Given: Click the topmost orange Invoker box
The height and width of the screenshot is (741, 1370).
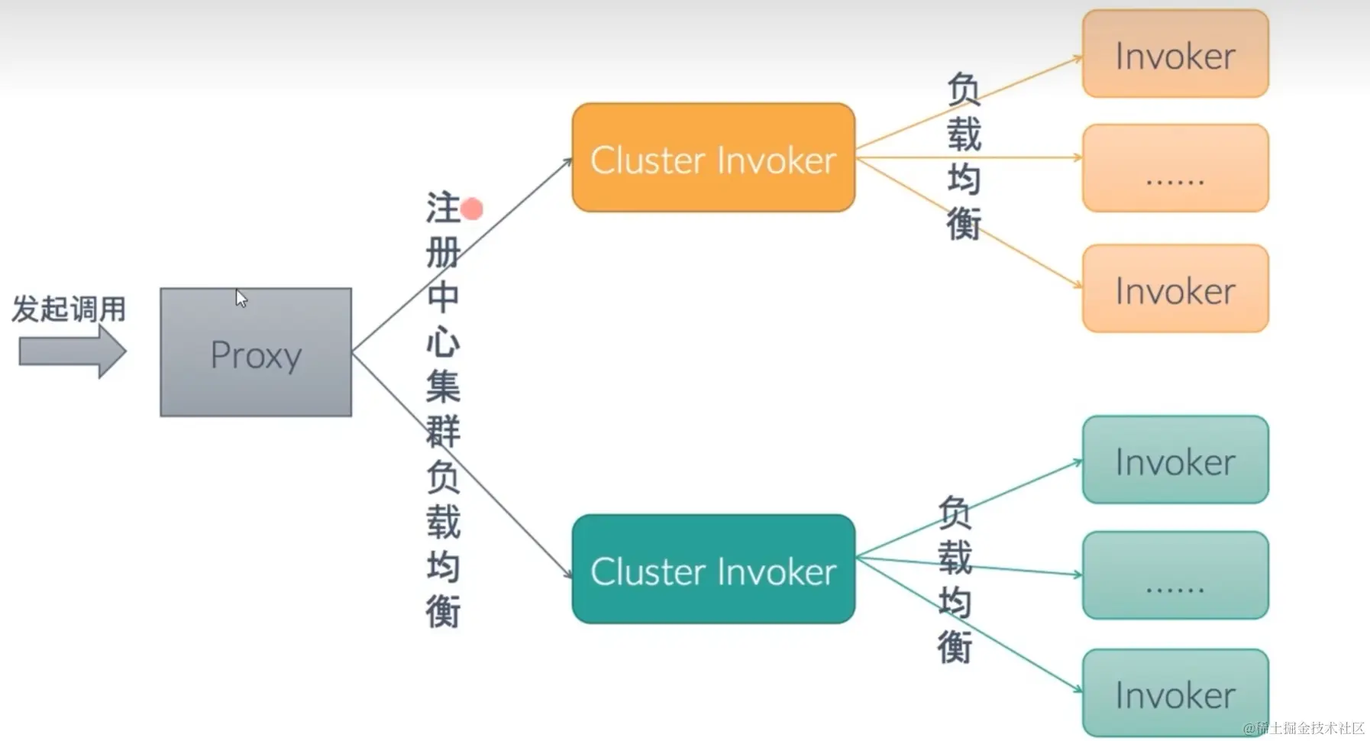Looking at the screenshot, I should point(1175,53).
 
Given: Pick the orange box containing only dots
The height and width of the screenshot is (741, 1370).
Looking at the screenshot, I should point(1175,168).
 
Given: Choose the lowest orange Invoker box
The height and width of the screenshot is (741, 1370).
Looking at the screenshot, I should point(1175,289).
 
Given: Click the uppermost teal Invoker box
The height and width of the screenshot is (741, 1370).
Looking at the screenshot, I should point(1175,460).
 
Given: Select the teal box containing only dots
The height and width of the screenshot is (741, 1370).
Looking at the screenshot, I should point(1175,575).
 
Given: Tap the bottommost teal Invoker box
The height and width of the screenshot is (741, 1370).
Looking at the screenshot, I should point(1175,693).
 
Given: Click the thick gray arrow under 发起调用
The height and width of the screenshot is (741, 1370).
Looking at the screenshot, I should point(72,351).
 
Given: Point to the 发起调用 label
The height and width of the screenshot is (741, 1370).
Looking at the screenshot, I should point(69,309).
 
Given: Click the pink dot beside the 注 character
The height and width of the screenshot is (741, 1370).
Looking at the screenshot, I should point(472,209).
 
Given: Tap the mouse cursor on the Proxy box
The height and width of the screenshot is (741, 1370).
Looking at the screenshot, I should point(241,298).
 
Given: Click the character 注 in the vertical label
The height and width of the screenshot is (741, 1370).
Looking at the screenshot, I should point(442,208).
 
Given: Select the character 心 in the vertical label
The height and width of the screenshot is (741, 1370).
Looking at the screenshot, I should point(442,342).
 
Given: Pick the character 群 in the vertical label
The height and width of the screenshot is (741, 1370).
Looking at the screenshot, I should point(442,432).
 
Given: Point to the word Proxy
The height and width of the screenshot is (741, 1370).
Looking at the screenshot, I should point(256,355).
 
